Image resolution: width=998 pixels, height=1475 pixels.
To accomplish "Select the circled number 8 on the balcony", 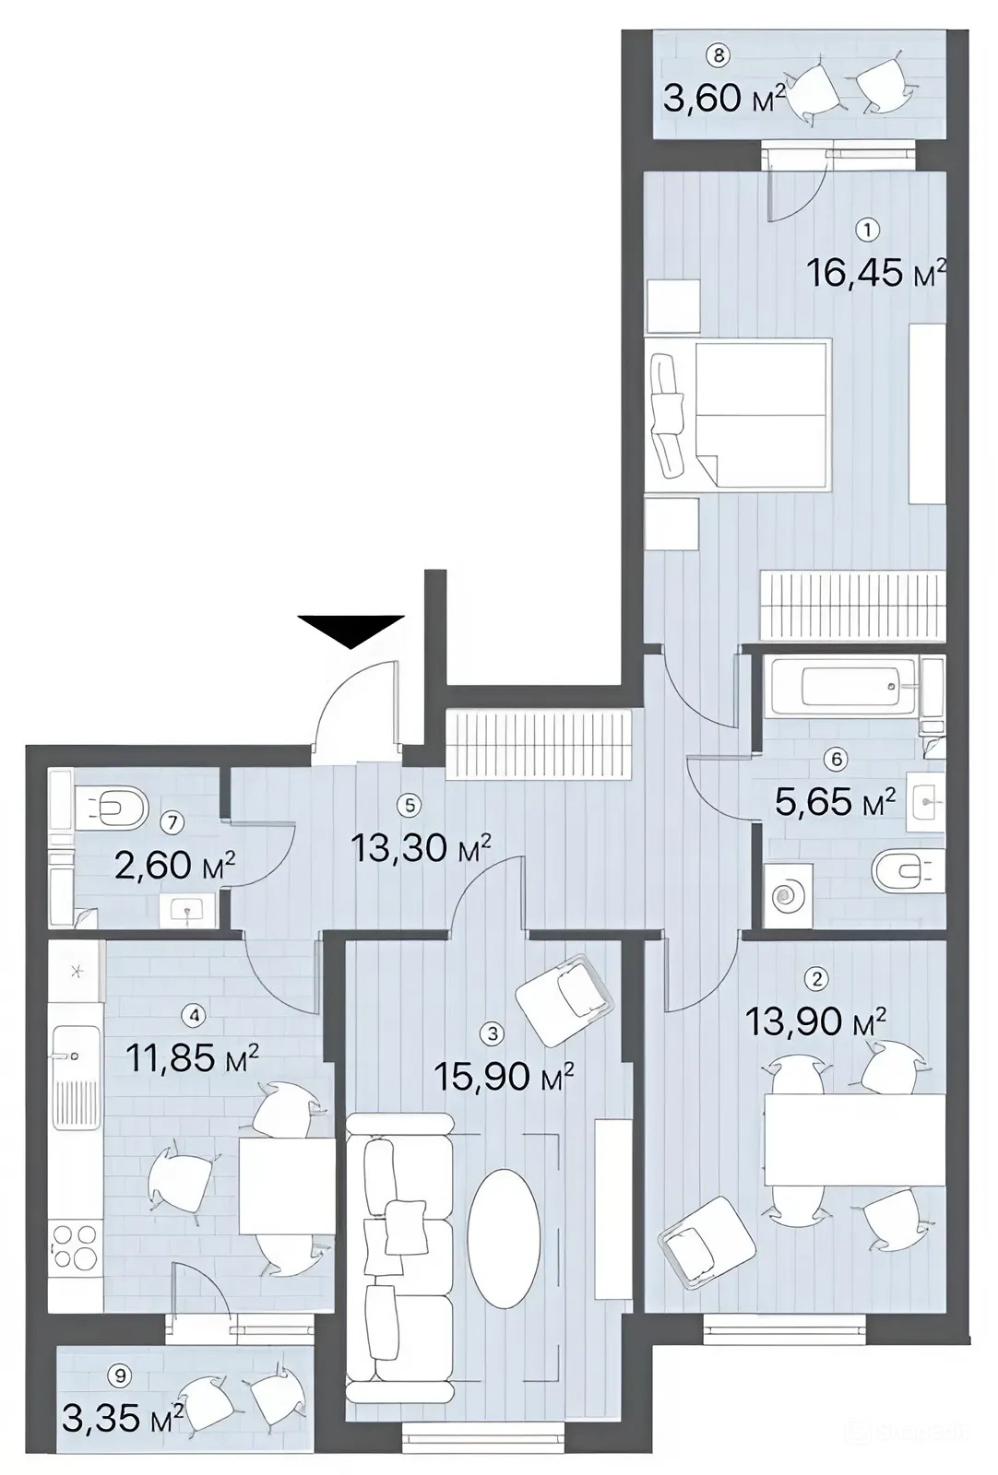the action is click(x=718, y=55).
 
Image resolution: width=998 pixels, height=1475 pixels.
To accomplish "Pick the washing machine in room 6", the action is click(x=788, y=895).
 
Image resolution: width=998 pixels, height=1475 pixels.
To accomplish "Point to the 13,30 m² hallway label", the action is click(x=422, y=848).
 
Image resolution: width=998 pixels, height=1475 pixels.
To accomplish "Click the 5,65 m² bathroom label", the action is click(x=836, y=803).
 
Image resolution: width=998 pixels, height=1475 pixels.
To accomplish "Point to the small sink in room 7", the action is click(x=188, y=910).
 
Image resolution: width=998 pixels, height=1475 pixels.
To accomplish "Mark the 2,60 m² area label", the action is click(x=174, y=866).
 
